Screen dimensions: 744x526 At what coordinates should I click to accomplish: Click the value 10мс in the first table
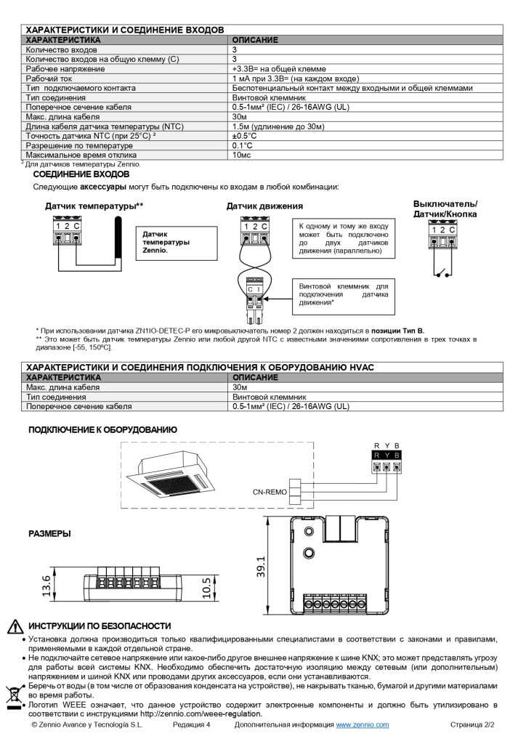[242, 155]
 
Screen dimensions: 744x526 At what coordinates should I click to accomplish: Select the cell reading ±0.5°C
[245, 136]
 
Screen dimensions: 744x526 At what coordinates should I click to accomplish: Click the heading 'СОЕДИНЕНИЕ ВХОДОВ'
[81, 174]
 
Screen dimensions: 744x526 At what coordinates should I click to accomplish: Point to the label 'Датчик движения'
[258, 206]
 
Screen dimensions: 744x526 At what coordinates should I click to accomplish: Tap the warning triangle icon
[15, 626]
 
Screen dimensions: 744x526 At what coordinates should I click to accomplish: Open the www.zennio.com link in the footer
[362, 725]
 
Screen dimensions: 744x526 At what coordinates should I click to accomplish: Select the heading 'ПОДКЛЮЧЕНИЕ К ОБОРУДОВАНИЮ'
[102, 430]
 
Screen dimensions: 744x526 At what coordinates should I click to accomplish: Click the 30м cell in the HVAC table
[240, 387]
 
